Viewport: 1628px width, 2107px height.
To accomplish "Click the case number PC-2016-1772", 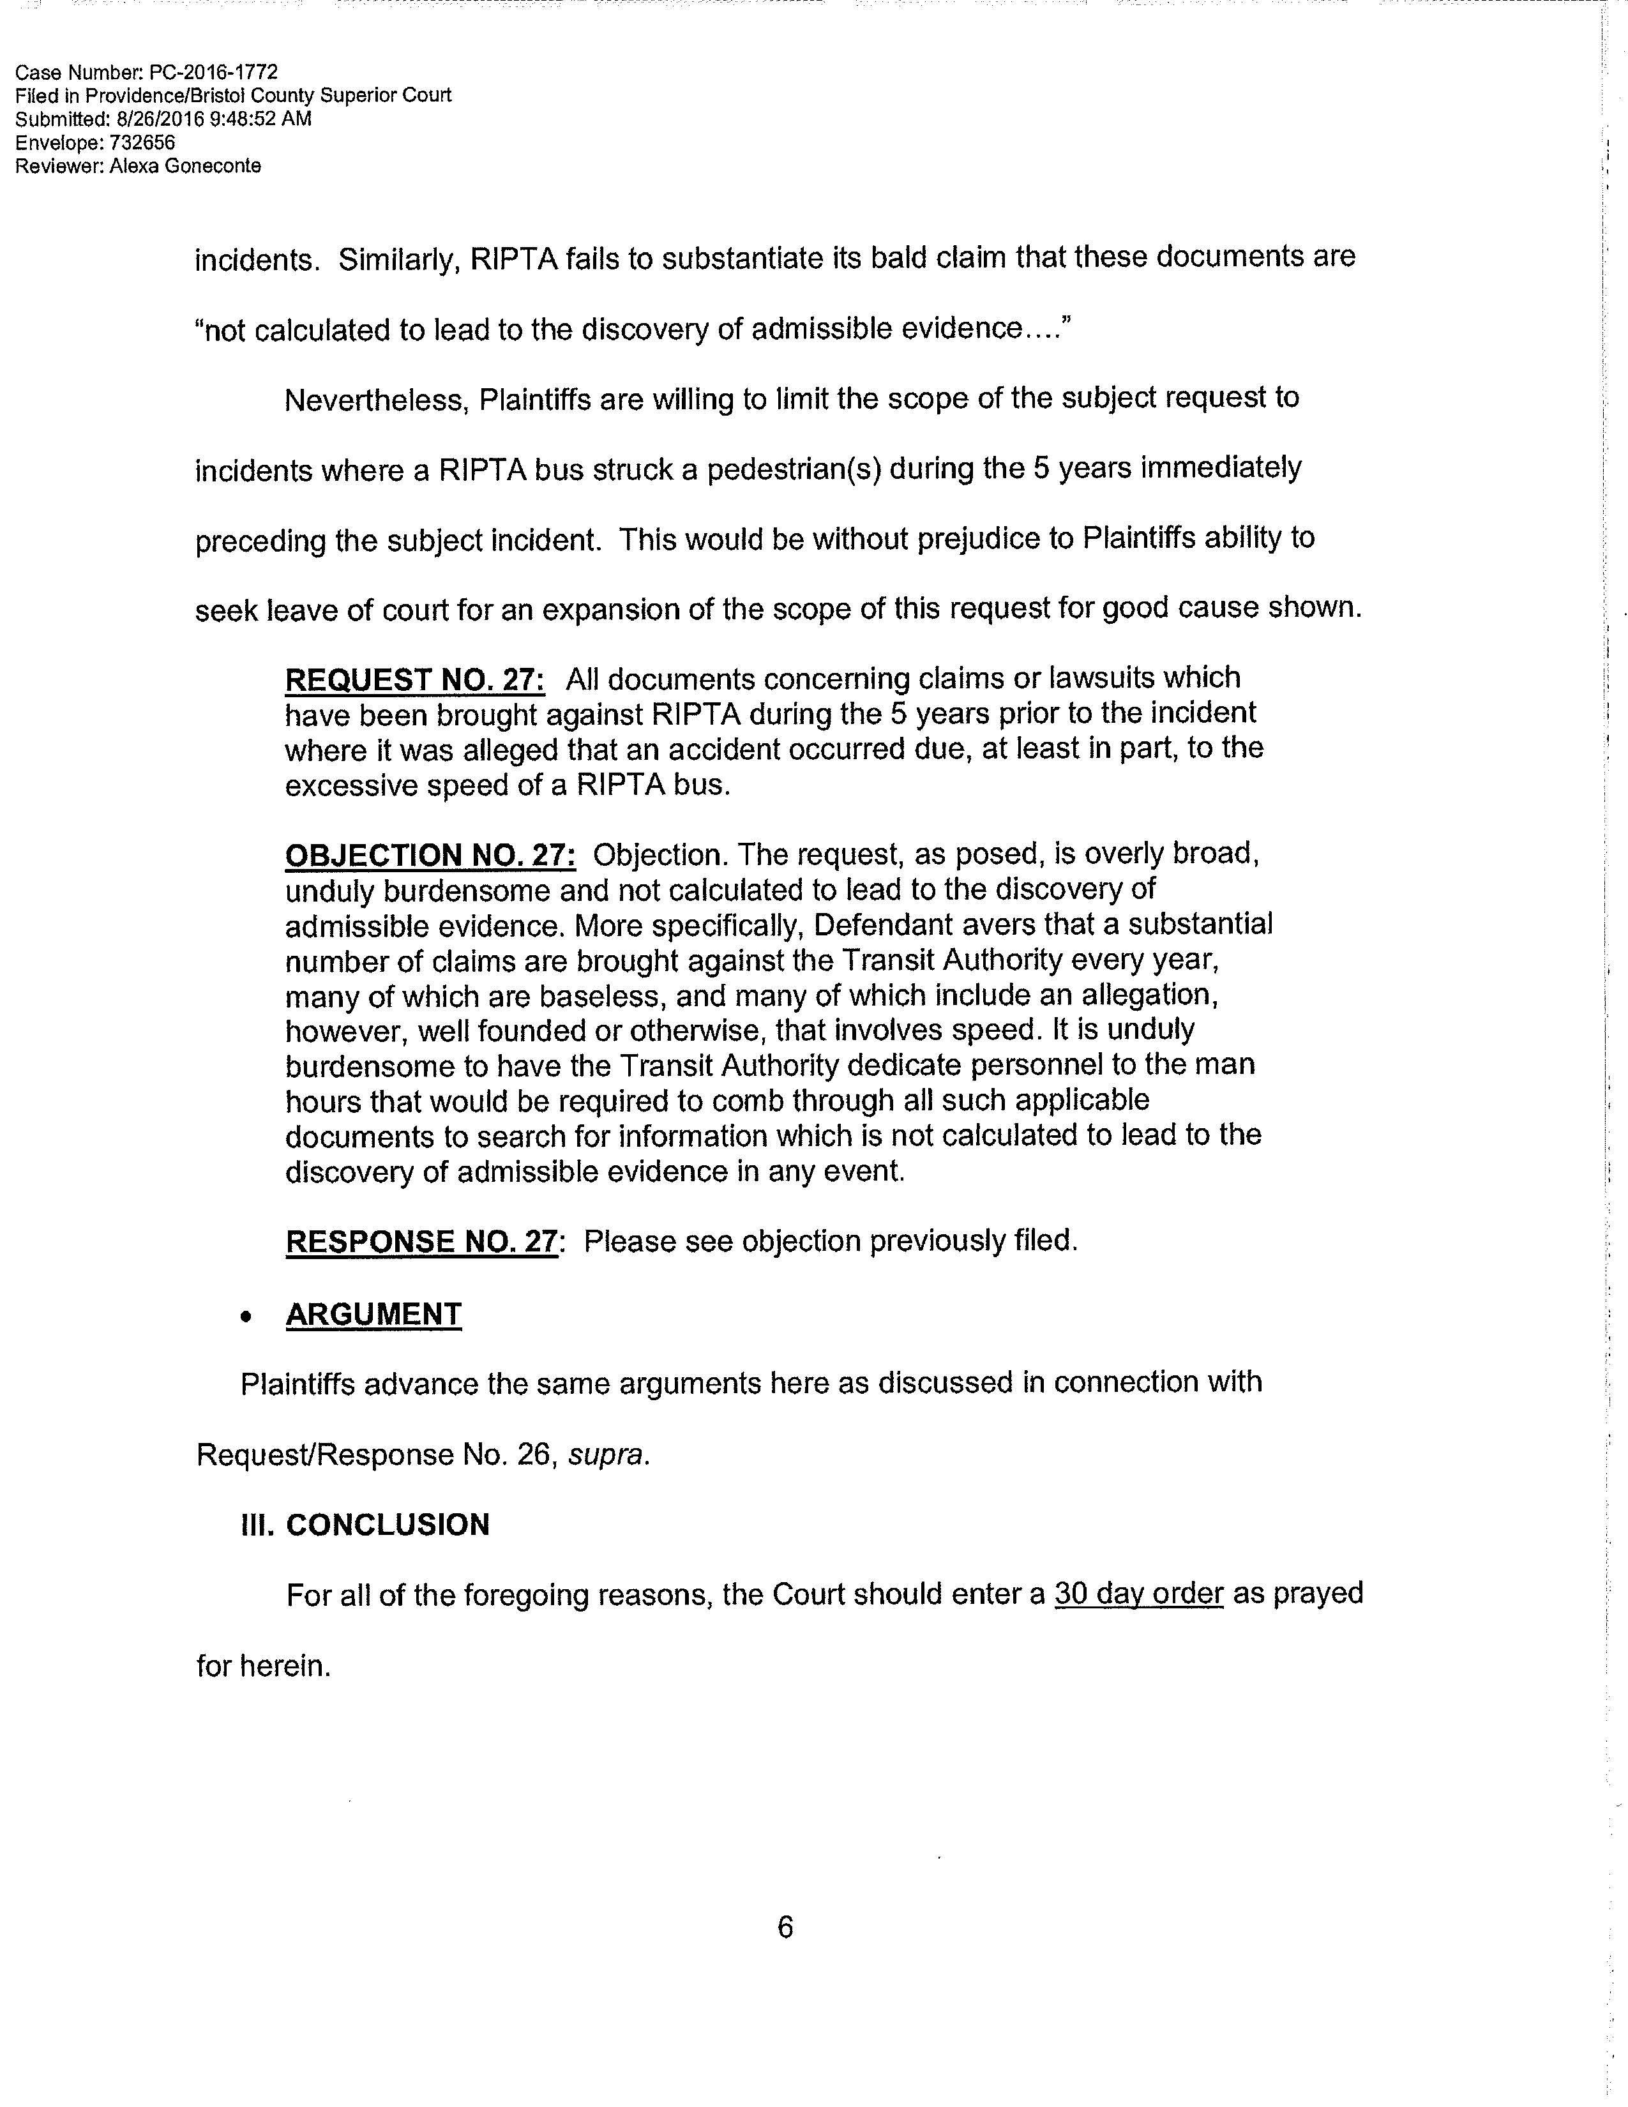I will click(x=213, y=72).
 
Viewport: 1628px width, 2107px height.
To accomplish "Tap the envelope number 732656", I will click(x=143, y=143).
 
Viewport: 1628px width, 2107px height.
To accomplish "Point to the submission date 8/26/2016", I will click(x=142, y=119).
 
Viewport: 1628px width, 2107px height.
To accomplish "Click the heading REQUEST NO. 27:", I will click(x=415, y=679).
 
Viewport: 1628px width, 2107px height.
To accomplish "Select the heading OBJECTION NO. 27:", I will click(x=430, y=855).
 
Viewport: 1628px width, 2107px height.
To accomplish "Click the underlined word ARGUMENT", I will click(x=373, y=1314).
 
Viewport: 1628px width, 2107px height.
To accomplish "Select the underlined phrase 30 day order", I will click(x=1138, y=1594).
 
